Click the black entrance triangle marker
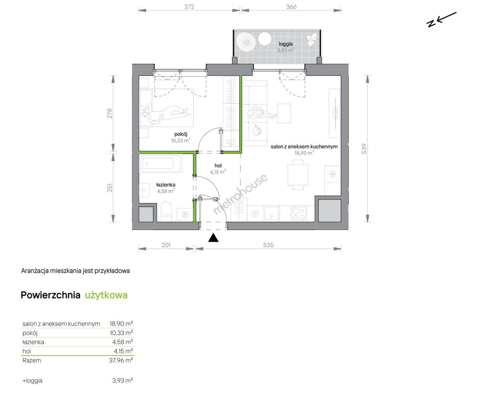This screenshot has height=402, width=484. [213, 238]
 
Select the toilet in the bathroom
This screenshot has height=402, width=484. [166, 211]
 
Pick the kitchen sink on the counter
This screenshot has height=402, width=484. [271, 213]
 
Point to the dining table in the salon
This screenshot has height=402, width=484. [298, 175]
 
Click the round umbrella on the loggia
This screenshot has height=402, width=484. [246, 43]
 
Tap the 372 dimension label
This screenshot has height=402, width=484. [189, 7]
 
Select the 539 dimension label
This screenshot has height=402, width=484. [364, 149]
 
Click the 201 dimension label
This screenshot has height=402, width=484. [166, 245]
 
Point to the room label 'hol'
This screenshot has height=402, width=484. [218, 165]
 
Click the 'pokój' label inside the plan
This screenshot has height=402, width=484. [181, 134]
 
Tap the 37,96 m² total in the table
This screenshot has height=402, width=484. [121, 360]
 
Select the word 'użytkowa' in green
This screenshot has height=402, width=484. [106, 295]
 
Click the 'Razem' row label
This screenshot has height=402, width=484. [32, 360]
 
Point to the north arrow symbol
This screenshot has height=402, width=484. [441, 20]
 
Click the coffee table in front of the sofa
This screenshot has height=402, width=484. [284, 114]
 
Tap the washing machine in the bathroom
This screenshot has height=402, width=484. [185, 214]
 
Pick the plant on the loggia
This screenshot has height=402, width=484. [311, 40]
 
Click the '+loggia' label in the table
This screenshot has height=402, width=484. [32, 381]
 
